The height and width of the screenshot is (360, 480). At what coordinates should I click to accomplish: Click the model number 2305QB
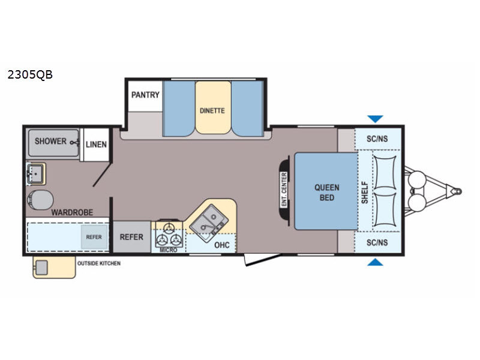30,75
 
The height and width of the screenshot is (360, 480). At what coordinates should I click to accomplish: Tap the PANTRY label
146,95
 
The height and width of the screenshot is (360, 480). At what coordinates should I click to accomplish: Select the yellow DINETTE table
212,109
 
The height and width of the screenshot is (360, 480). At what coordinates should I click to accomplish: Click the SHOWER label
50,142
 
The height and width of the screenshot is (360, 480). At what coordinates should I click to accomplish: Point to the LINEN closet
96,145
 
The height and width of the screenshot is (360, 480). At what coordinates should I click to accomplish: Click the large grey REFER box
131,236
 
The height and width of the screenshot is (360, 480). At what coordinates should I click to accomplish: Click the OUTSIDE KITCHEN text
98,263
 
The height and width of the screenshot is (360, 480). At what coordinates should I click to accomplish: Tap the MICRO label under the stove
169,250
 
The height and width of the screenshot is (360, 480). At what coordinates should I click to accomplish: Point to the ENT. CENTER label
284,190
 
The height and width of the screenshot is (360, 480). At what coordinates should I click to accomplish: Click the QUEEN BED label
326,192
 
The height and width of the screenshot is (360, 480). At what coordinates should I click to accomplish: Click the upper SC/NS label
377,139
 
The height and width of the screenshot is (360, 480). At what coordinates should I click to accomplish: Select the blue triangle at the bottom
376,262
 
